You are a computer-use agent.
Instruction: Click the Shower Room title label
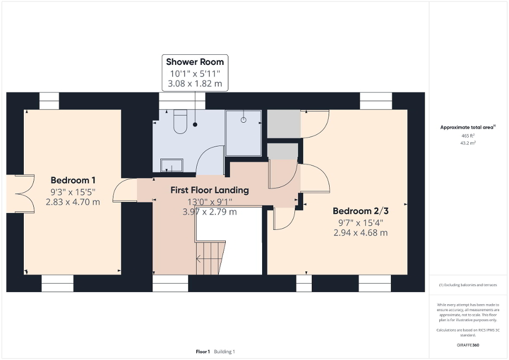tap(195, 62)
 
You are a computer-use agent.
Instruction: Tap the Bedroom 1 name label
tap(73, 179)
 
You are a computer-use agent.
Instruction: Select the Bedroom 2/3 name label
tap(360, 211)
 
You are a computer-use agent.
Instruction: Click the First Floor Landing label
tap(209, 190)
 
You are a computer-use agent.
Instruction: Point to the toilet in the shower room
tap(180, 121)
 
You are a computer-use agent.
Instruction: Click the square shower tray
tap(244, 133)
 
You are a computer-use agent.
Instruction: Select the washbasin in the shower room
tap(172, 166)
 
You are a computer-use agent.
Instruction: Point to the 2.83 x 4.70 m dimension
tap(73, 201)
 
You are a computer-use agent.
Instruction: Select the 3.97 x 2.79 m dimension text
tap(209, 212)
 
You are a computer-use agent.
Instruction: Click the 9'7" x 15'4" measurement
tap(360, 222)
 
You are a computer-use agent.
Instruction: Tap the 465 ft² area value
tap(468, 135)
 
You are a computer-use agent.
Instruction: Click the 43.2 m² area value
tap(468, 143)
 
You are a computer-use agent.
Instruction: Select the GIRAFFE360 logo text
tap(468, 345)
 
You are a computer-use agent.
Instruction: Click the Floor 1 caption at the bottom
tap(203, 352)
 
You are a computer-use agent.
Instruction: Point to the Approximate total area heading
tap(468, 127)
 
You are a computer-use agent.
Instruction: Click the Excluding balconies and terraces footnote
tap(468, 285)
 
